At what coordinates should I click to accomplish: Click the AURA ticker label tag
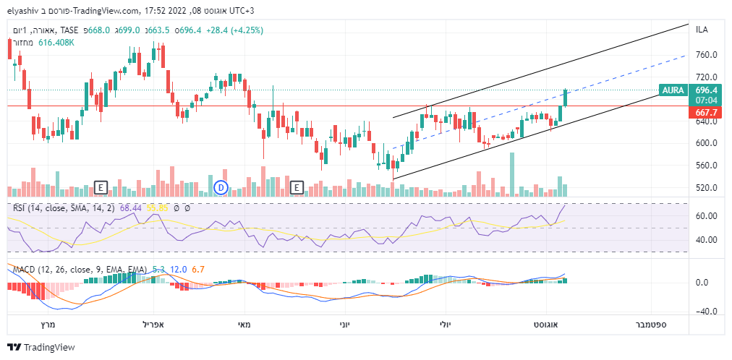point(673,90)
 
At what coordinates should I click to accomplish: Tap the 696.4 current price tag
point(706,90)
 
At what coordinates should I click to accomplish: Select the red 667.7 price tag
point(706,113)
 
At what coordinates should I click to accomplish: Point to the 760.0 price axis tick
point(706,55)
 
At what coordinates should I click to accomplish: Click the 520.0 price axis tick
point(706,188)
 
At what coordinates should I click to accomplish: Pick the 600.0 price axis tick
point(706,143)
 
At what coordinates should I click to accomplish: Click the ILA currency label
point(702,30)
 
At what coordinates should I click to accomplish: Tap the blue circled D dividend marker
point(222,188)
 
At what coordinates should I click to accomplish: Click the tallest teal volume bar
point(512,173)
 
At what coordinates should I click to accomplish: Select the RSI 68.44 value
point(131,208)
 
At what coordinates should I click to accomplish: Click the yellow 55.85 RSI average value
point(158,208)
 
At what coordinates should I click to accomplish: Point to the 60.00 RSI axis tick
point(706,216)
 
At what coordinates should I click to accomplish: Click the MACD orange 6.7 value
point(199,270)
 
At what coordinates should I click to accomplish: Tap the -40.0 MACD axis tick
point(706,312)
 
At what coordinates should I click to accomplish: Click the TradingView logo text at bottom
point(49,347)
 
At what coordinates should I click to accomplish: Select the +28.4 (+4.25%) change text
point(234,30)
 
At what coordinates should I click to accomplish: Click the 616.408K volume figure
point(57,43)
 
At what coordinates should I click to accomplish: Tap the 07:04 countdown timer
point(706,100)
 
